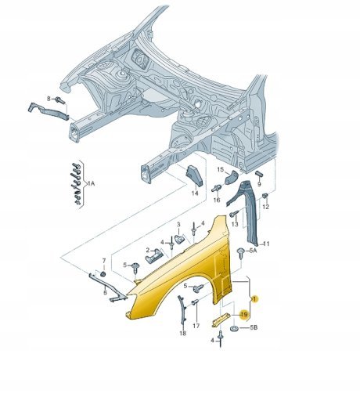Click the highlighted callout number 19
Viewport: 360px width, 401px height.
click(x=244, y=314)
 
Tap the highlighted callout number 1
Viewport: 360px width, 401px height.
click(x=255, y=298)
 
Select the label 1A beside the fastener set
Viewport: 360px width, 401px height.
click(x=91, y=184)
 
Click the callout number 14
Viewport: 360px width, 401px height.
click(x=195, y=193)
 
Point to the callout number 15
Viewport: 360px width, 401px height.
click(x=221, y=170)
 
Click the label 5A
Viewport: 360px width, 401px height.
click(x=253, y=251)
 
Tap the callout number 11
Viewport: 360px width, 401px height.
click(x=266, y=244)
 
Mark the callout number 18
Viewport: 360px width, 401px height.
click(x=183, y=333)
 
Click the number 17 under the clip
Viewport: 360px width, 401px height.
click(x=196, y=326)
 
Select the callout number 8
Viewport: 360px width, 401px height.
click(x=49, y=99)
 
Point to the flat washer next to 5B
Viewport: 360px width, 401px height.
click(x=234, y=328)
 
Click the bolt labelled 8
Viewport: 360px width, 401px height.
click(x=60, y=100)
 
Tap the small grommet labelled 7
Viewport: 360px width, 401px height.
click(x=103, y=273)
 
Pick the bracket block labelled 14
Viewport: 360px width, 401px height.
click(x=194, y=175)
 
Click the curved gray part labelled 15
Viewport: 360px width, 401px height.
click(x=231, y=177)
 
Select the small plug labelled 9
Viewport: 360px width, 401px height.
click(x=260, y=174)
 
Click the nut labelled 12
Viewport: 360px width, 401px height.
click(x=265, y=196)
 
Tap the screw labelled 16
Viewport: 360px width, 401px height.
click(x=217, y=188)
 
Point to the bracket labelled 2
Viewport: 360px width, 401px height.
click(x=154, y=255)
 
